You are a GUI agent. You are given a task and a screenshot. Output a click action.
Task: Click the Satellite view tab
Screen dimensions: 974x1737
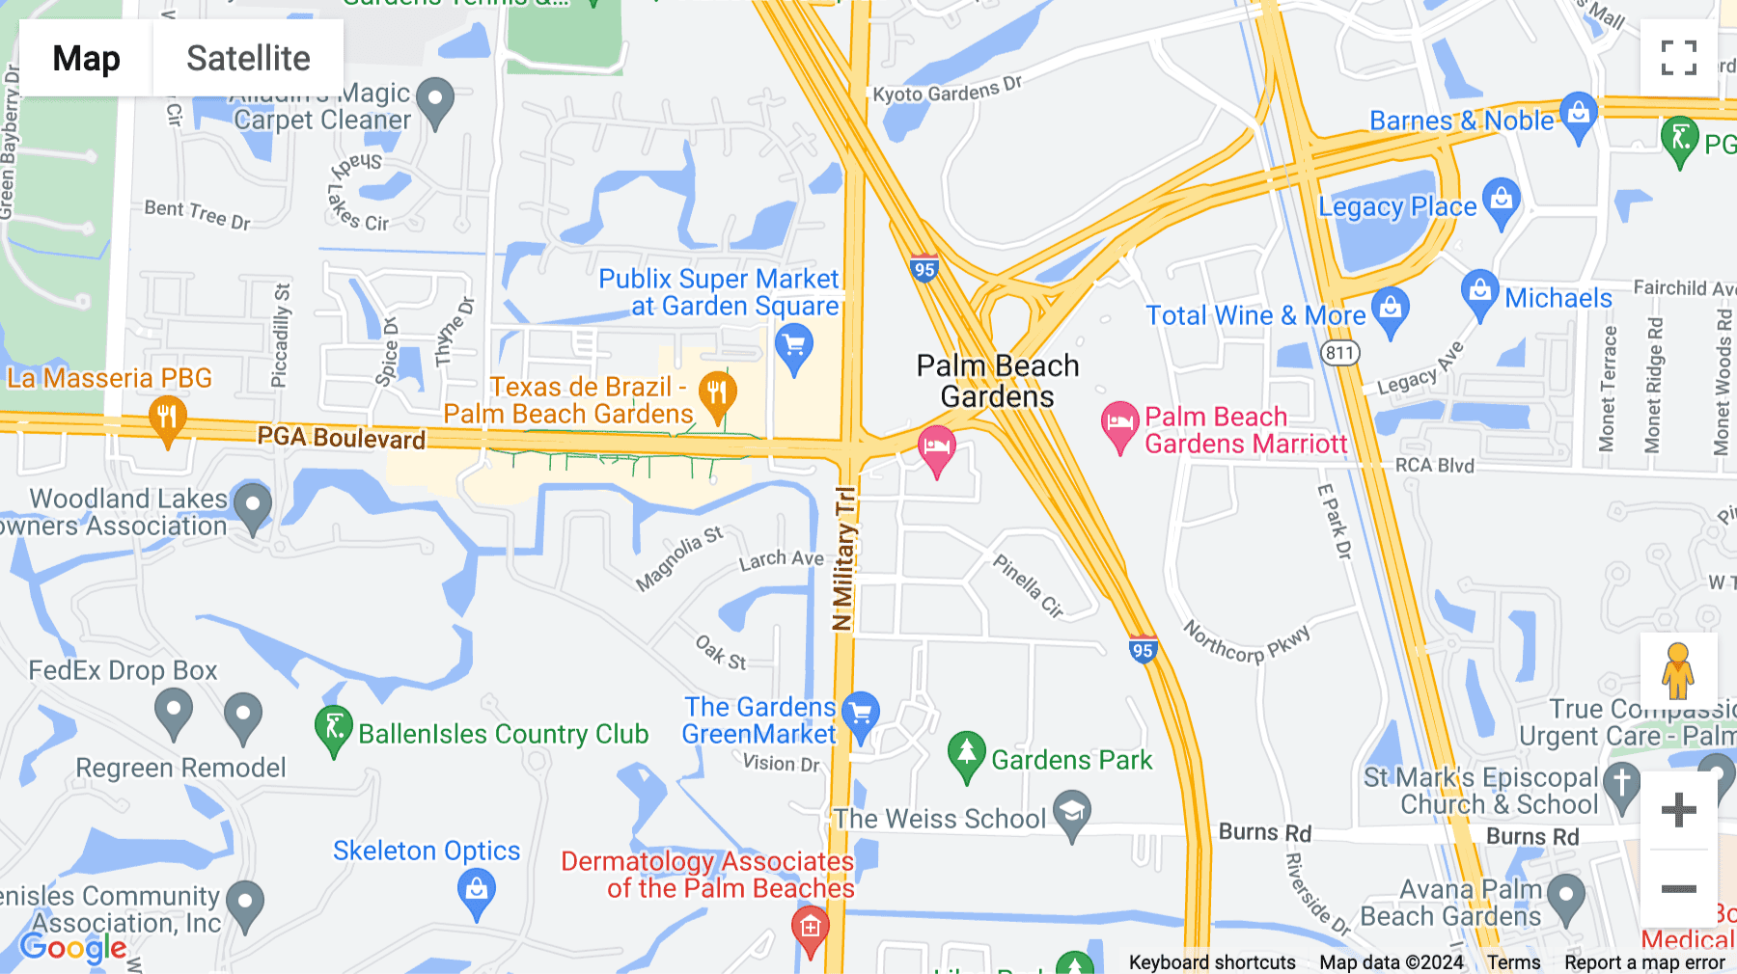248,58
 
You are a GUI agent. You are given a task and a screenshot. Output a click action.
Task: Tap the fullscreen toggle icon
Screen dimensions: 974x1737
1678,58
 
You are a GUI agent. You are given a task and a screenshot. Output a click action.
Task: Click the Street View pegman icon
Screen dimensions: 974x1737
1678,670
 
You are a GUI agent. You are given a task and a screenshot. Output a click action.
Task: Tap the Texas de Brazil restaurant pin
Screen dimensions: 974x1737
717,394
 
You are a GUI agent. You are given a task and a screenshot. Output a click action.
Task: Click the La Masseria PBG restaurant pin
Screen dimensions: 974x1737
168,419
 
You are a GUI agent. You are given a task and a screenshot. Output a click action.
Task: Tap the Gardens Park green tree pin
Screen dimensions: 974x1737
966,754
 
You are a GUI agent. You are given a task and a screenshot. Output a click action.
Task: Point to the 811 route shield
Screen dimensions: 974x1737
1339,353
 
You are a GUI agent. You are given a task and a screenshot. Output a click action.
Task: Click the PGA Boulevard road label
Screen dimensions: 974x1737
341,438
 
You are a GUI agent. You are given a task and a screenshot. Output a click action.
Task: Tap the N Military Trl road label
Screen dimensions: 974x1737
844,559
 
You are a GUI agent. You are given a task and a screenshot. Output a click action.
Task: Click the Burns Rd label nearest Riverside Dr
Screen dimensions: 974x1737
1264,832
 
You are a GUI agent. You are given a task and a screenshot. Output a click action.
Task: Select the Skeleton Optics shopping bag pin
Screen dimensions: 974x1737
477,891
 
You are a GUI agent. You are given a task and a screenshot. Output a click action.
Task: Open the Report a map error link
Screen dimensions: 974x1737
1644,962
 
